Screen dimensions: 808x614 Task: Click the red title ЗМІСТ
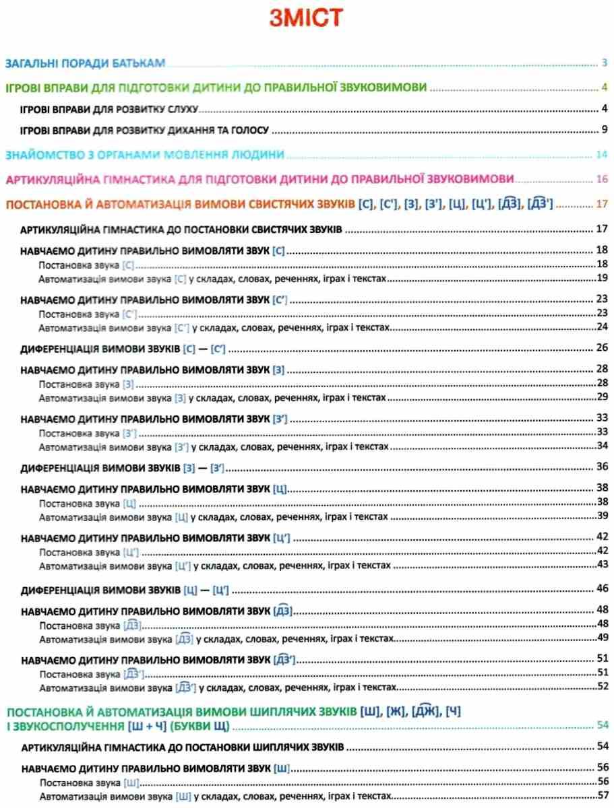coord(306,17)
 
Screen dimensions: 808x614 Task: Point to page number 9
coord(605,129)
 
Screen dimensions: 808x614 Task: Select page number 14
coord(602,156)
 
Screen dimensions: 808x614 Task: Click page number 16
coord(602,179)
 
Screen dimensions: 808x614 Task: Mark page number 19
coord(603,277)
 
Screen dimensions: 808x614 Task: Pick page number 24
coord(603,327)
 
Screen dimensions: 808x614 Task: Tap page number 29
coord(603,397)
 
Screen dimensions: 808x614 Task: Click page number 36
coord(603,467)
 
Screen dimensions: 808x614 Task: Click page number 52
coord(603,687)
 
